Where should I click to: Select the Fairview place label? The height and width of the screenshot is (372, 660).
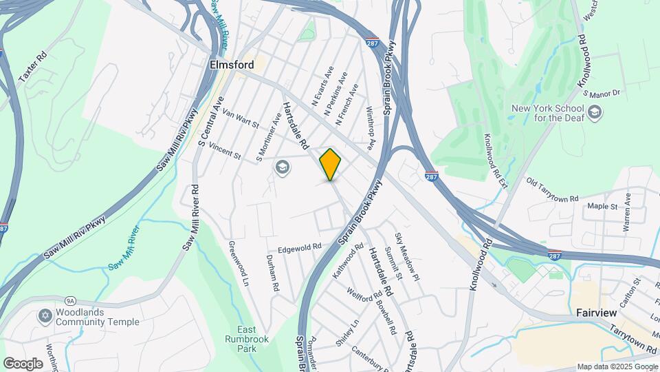[x=595, y=313]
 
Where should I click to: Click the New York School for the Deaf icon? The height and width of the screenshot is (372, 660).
[x=595, y=111]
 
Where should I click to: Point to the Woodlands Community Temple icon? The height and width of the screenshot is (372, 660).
[x=45, y=316]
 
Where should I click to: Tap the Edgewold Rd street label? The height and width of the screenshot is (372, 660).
[x=299, y=248]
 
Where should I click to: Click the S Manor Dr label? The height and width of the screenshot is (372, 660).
[x=601, y=92]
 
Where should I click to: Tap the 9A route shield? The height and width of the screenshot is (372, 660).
[x=69, y=301]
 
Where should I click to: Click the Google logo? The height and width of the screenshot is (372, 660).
[x=23, y=363]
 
